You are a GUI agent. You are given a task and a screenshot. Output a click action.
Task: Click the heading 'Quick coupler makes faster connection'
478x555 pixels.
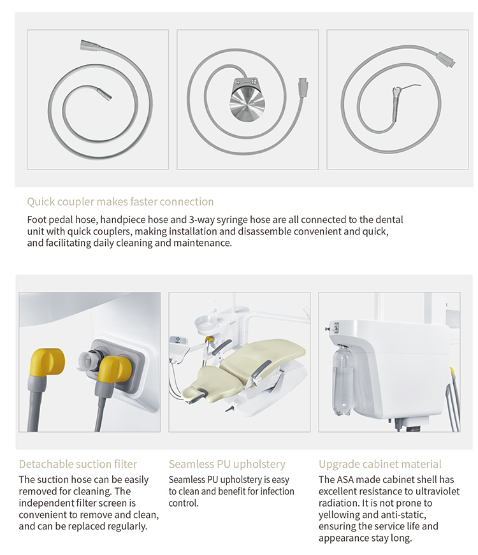click(x=120, y=202)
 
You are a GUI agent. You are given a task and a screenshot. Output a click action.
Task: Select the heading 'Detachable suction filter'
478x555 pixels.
click(x=78, y=464)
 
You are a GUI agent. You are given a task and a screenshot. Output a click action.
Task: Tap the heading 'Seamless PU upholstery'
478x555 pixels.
click(x=227, y=464)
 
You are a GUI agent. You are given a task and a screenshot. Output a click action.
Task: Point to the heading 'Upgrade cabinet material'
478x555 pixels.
click(x=380, y=464)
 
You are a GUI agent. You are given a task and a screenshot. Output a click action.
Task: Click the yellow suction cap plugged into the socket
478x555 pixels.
click(x=115, y=372)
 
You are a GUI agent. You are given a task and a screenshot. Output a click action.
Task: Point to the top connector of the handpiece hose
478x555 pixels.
click(x=88, y=46)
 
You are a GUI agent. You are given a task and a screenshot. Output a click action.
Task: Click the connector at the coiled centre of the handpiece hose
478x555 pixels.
click(x=106, y=94)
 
